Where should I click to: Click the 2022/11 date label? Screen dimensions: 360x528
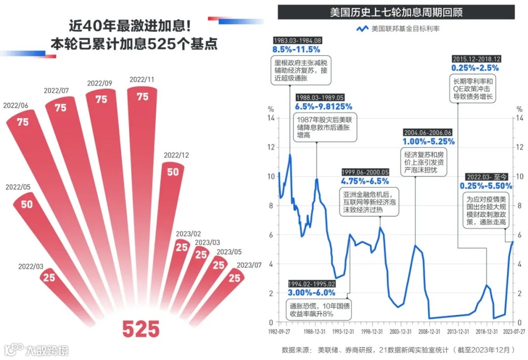point(142,80)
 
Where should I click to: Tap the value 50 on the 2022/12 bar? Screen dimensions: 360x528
point(173,172)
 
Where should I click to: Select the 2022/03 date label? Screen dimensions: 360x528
point(31,267)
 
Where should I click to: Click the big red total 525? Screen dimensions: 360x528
point(141,329)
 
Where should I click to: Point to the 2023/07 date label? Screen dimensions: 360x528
point(249,266)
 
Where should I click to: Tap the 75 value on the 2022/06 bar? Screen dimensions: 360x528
point(23,122)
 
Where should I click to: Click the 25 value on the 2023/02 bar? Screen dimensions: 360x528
point(182,247)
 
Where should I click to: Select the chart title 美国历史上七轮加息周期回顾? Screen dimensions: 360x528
point(396,12)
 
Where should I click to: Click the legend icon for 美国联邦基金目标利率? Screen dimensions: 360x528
point(362,29)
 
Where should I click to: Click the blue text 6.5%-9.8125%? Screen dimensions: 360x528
point(323,107)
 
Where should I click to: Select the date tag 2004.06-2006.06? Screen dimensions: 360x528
point(428,133)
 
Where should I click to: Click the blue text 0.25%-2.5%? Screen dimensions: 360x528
point(475,68)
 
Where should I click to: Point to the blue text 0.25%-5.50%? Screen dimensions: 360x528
point(486,186)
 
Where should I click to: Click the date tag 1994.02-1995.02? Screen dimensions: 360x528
point(311,284)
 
